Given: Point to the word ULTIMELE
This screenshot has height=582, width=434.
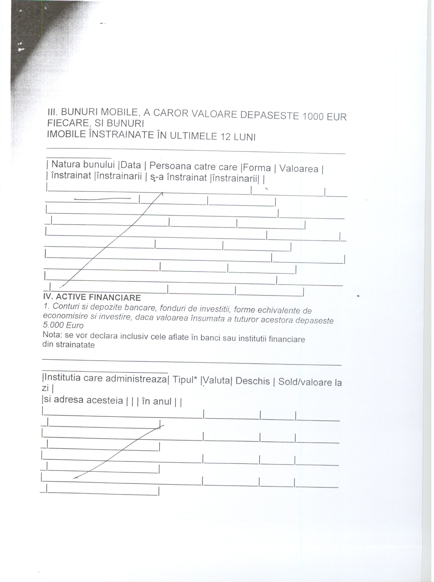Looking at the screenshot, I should pyautogui.click(x=192, y=136).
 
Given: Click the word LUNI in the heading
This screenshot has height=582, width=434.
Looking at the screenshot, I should pyautogui.click(x=245, y=137).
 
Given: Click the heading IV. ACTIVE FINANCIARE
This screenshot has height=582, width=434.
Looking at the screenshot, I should pyautogui.click(x=92, y=297).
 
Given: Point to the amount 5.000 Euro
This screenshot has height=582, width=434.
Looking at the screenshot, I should pyautogui.click(x=63, y=325).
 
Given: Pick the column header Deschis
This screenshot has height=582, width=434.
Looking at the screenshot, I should pyautogui.click(x=252, y=381).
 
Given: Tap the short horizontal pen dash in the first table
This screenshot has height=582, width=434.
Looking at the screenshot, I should pyautogui.click(x=103, y=199).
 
